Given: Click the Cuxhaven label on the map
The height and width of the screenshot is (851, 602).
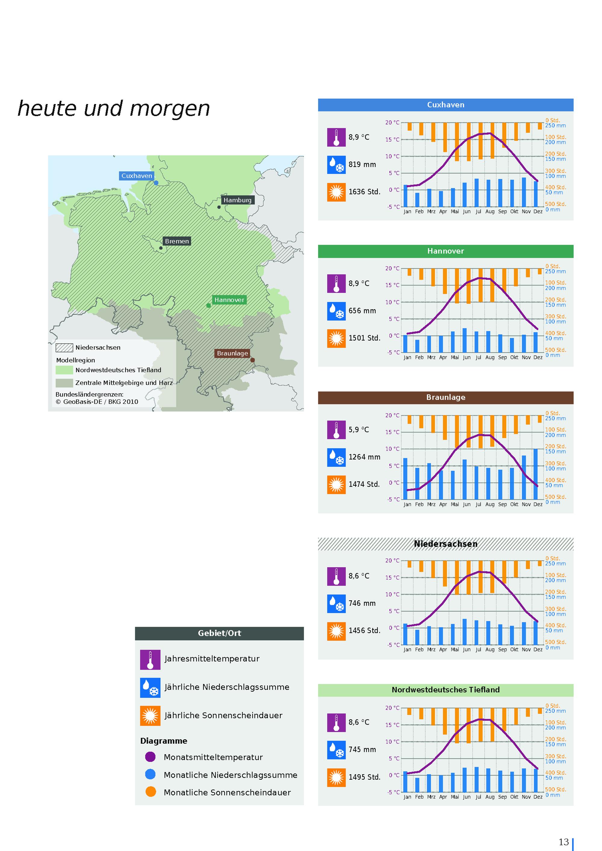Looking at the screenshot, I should click(137, 176).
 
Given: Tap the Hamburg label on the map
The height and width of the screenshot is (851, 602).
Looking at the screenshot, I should click(237, 200).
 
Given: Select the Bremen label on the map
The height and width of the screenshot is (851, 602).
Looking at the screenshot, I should click(177, 241).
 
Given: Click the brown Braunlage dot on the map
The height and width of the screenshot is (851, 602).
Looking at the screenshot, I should click(253, 360).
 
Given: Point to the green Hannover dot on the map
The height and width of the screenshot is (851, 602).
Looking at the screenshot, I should click(209, 306).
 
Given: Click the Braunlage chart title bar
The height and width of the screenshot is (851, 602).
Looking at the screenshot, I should click(445, 397).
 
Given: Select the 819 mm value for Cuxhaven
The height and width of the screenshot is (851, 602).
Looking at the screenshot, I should click(362, 165).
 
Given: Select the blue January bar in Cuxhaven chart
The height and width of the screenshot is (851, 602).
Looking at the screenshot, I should click(405, 196).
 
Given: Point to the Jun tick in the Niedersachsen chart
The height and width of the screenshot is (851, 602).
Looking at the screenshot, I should click(466, 649).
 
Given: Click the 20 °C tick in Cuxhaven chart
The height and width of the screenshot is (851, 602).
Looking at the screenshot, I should click(392, 123).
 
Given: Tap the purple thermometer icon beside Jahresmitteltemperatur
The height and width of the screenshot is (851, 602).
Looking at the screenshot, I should click(150, 660).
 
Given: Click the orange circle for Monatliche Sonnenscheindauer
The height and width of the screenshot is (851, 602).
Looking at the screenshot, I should click(150, 792).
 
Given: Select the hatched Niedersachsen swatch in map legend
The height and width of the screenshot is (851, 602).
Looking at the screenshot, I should click(64, 348).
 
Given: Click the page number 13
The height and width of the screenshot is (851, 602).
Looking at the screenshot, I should click(563, 842).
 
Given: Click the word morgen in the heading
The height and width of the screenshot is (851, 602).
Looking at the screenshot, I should click(169, 109).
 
